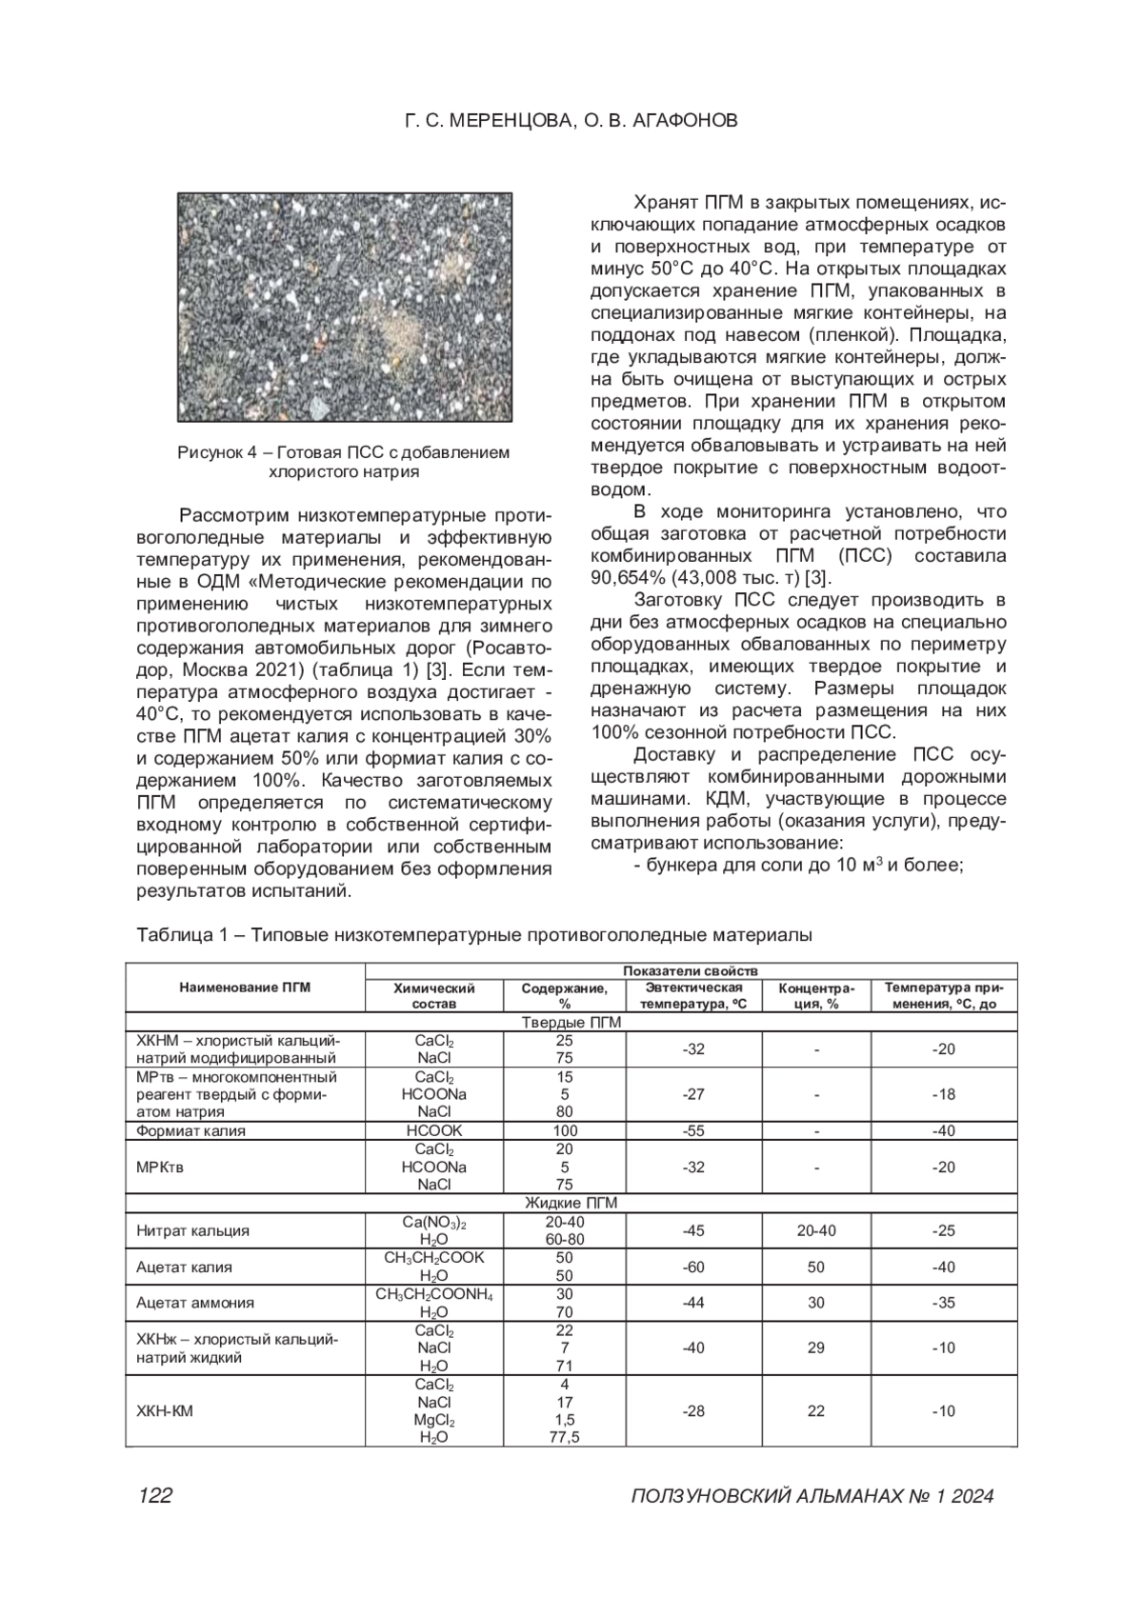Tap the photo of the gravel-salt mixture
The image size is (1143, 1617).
point(344,307)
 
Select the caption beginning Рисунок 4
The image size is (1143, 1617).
point(343,462)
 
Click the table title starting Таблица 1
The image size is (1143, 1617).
point(474,935)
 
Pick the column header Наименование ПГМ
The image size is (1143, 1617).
point(245,988)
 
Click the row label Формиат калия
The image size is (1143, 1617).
point(191,1131)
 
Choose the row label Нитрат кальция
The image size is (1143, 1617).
point(193,1230)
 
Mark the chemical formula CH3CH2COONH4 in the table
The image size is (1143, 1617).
point(433,1294)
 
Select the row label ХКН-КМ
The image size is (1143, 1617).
point(166,1410)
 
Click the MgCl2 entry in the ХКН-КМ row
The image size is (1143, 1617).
point(433,1420)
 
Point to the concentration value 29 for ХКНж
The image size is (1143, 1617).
point(815,1347)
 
